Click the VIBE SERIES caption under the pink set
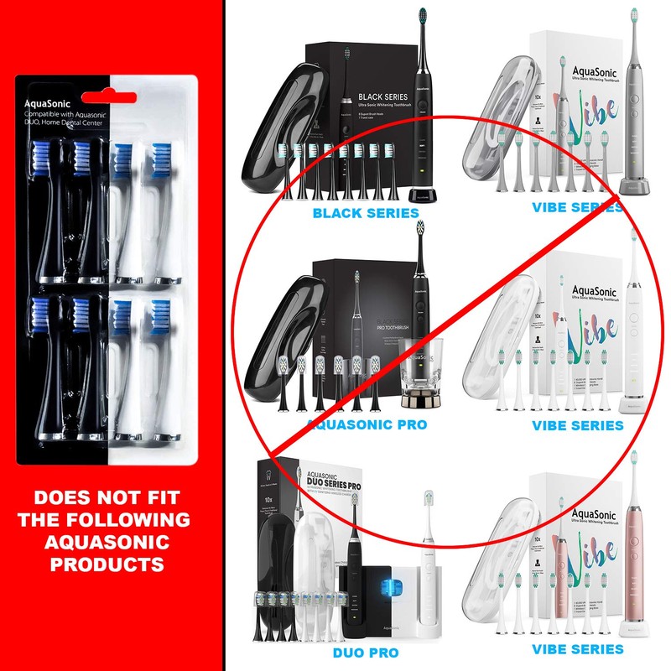578,649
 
